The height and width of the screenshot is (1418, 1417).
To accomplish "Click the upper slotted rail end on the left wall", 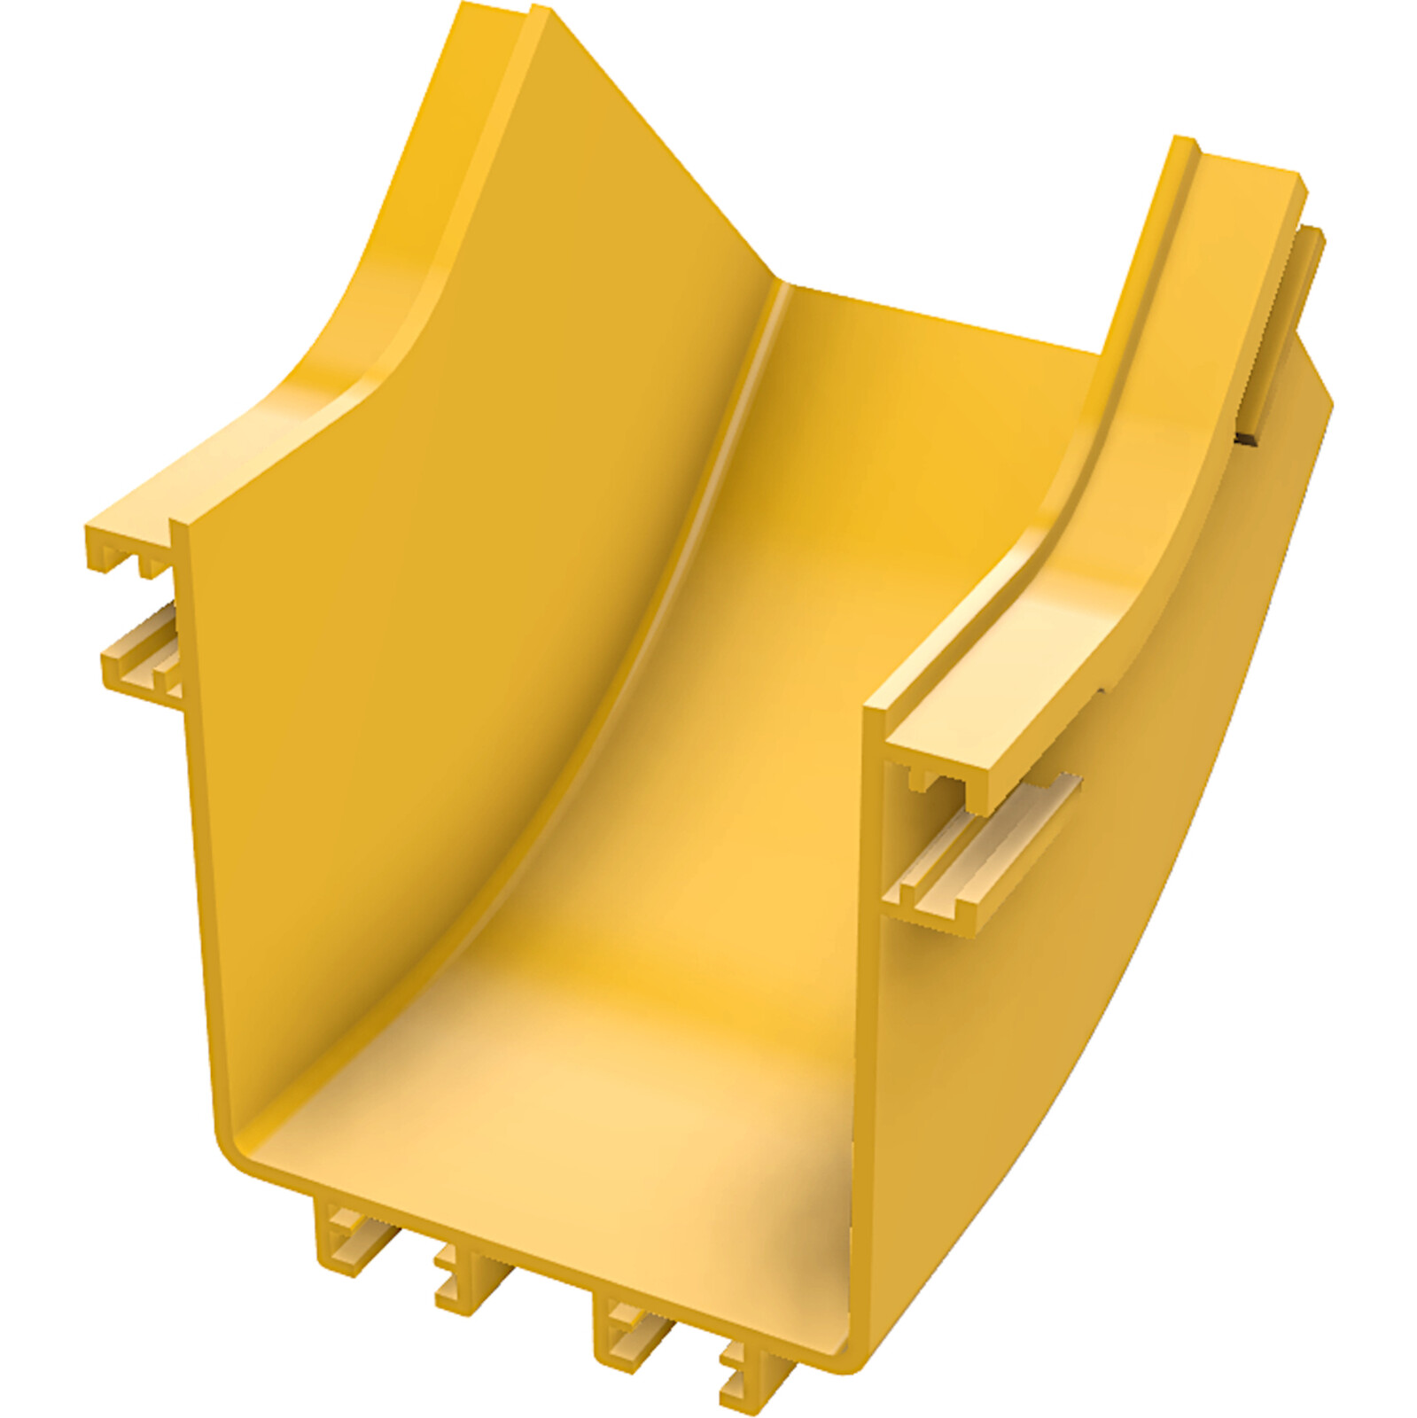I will [x=128, y=544].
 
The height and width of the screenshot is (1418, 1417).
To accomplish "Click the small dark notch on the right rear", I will [x=1250, y=436].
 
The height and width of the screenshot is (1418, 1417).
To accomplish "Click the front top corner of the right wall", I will [x=873, y=709].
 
